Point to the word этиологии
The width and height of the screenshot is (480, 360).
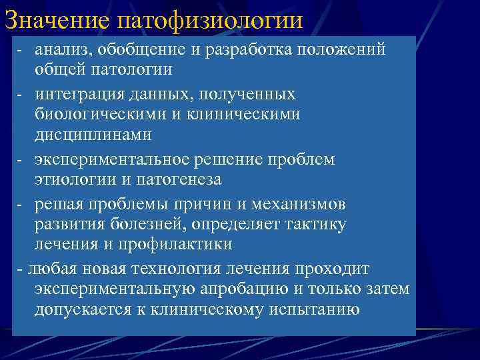[71, 179]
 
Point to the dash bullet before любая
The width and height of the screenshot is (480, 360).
[22, 269]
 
